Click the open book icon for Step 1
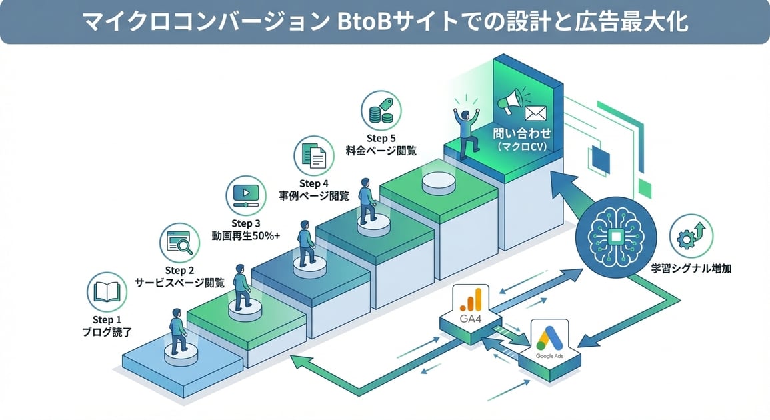point(107,291)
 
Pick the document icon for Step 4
point(313,155)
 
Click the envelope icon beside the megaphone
point(536,112)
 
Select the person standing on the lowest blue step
point(177,331)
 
